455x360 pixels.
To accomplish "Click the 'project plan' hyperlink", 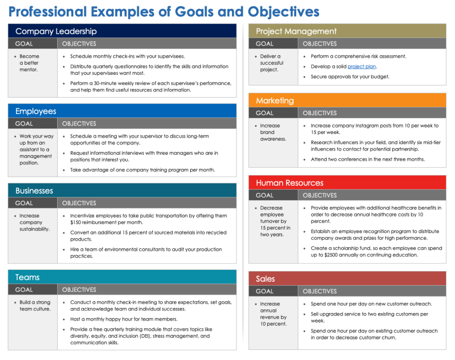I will [x=361, y=67].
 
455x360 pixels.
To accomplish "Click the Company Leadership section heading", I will [x=56, y=31].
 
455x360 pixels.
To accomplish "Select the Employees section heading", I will [x=36, y=111].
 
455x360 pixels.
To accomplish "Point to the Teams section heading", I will [x=27, y=277].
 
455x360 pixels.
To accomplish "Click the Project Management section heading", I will [x=296, y=31].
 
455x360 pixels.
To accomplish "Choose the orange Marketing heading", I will [x=275, y=101].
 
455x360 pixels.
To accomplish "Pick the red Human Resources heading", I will [x=289, y=183].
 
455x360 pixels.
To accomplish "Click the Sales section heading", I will [x=265, y=279].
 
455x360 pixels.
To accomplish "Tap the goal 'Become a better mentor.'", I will [x=29, y=63].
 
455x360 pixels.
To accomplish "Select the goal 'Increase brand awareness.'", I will [x=273, y=132].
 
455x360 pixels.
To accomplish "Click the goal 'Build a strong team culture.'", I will [x=34, y=305].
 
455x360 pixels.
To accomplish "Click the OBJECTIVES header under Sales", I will [x=320, y=291].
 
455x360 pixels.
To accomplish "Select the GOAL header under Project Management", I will [x=264, y=44].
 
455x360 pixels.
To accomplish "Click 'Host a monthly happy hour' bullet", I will [x=123, y=319].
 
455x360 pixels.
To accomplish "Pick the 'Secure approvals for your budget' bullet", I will [x=350, y=77].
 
